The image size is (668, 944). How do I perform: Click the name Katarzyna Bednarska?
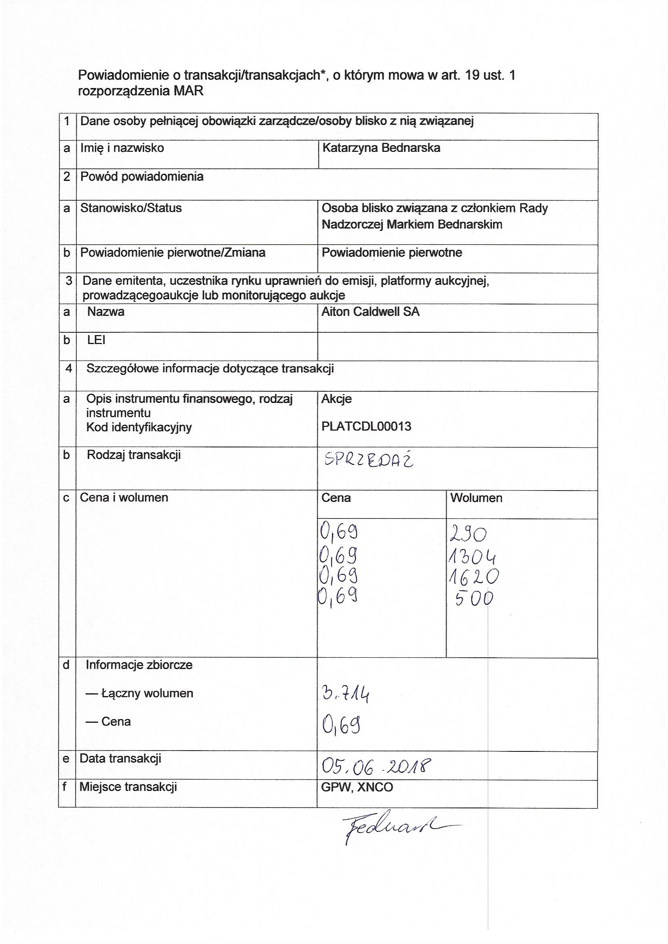(x=381, y=148)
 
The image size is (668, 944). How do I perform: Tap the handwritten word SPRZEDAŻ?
(x=369, y=461)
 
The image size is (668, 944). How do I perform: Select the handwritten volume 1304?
(x=472, y=558)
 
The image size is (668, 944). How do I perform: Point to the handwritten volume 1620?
(x=473, y=577)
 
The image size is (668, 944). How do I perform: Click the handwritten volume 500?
(x=474, y=599)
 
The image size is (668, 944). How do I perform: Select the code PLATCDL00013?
(x=366, y=426)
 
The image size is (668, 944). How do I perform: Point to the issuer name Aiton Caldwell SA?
(x=370, y=312)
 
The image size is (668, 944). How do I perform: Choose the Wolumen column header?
(x=476, y=498)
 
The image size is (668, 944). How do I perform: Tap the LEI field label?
(x=96, y=340)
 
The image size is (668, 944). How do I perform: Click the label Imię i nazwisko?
(x=122, y=148)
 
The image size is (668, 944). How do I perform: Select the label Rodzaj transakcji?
(x=134, y=455)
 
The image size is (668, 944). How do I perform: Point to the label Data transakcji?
(x=120, y=759)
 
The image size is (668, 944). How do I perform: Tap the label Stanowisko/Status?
(x=131, y=208)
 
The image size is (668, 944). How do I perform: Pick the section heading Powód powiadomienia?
(x=141, y=177)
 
